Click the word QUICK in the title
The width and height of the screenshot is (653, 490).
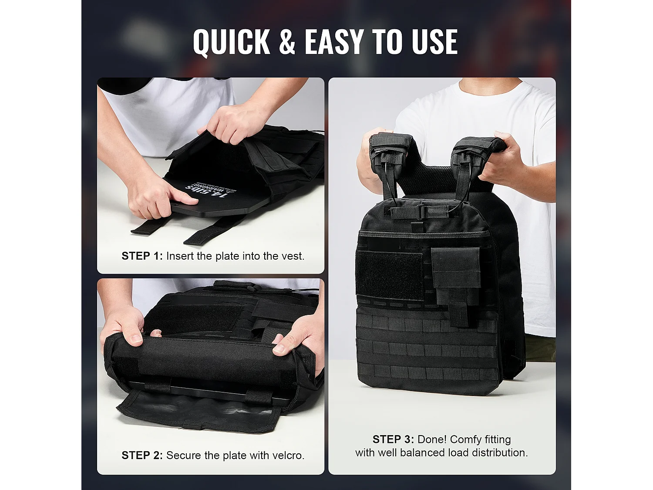(231, 42)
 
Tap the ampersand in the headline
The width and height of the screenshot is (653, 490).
(287, 42)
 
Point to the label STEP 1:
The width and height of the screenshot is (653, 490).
(142, 256)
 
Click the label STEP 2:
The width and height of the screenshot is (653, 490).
(142, 456)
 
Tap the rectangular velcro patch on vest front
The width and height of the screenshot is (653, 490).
(389, 275)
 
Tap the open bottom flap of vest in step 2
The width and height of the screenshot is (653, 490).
(196, 409)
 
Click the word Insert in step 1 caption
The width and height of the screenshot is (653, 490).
(180, 256)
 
